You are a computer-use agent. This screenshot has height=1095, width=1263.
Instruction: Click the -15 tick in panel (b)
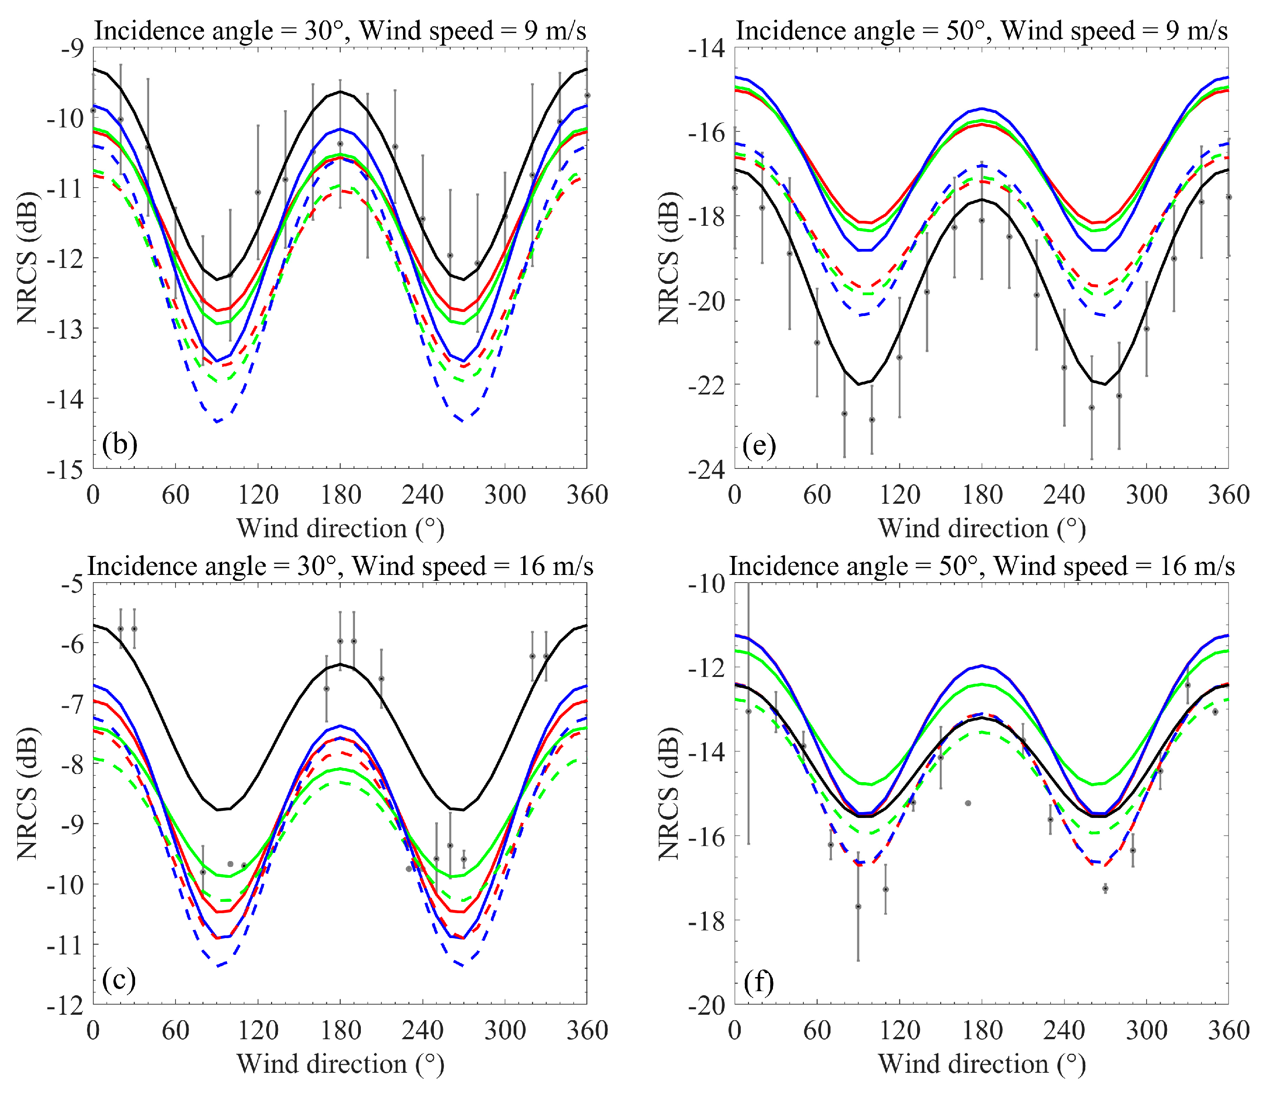(x=65, y=470)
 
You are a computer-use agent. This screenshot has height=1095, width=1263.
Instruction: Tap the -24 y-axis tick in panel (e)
(x=707, y=470)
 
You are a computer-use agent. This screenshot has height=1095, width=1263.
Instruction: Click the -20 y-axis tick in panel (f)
(x=707, y=1006)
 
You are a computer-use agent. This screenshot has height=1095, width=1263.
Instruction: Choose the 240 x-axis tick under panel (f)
(x=1064, y=1030)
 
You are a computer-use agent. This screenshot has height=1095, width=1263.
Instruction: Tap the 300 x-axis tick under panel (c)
(x=505, y=1030)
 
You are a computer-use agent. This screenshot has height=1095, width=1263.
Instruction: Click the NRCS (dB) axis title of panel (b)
(x=28, y=257)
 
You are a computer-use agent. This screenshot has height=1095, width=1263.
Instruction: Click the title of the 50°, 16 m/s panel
(x=981, y=566)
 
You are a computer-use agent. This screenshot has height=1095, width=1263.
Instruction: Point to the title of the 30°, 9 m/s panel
(x=340, y=30)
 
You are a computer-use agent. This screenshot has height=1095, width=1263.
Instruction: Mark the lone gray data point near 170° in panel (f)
(x=968, y=803)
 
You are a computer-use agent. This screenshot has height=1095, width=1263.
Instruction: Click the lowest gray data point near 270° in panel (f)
(x=1105, y=888)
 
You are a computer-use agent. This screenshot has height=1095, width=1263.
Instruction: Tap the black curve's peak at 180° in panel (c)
(x=340, y=664)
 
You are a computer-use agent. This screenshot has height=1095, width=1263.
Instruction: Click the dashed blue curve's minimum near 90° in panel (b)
(x=217, y=422)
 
